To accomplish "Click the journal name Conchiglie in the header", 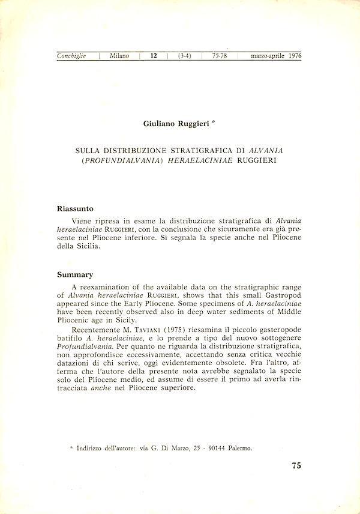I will pyautogui.click(x=71, y=56).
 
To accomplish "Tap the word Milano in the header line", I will pyautogui.click(x=119, y=56).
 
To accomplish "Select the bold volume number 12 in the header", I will pyautogui.click(x=154, y=56).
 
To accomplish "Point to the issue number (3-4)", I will pyautogui.click(x=184, y=56).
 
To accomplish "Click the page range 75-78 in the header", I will pyautogui.click(x=219, y=56).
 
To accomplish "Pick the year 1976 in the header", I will pyautogui.click(x=294, y=56).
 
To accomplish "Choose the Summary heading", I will pyautogui.click(x=75, y=274).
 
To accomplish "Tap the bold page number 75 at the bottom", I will pyautogui.click(x=296, y=465).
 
